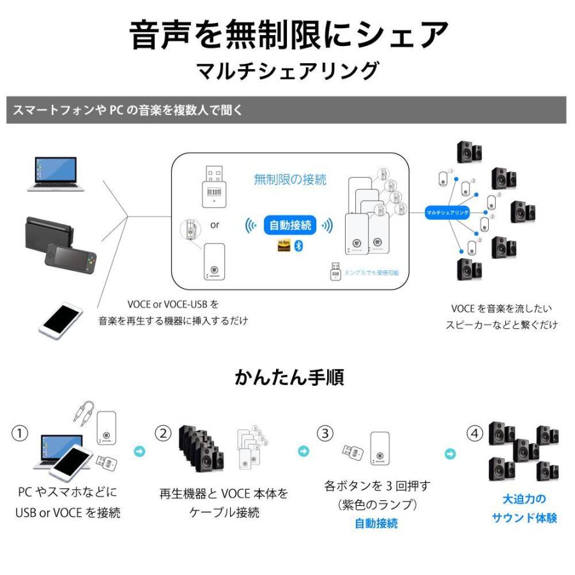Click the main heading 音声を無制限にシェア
288,34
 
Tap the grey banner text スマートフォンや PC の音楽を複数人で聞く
128,110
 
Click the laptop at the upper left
56,174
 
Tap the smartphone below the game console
61,319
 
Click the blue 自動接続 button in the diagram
290,225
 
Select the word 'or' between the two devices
215,225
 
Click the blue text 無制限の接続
290,180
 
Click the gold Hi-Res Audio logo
284,246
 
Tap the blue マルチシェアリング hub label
448,211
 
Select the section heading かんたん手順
289,377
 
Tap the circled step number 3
326,433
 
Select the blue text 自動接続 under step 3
376,523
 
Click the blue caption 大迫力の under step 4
524,499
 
